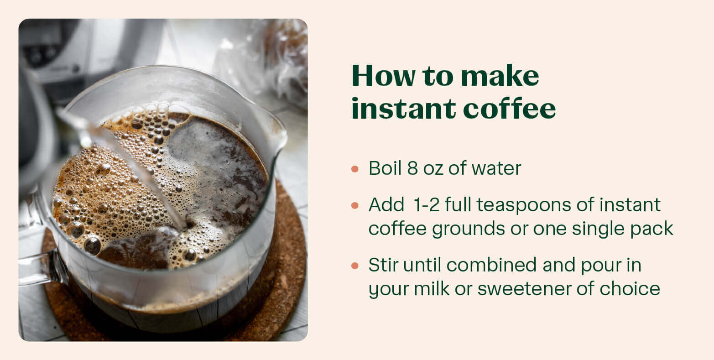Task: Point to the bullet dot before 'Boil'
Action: pyautogui.click(x=355, y=169)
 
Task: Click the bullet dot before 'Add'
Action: pyautogui.click(x=355, y=206)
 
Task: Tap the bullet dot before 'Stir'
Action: pyautogui.click(x=355, y=266)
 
